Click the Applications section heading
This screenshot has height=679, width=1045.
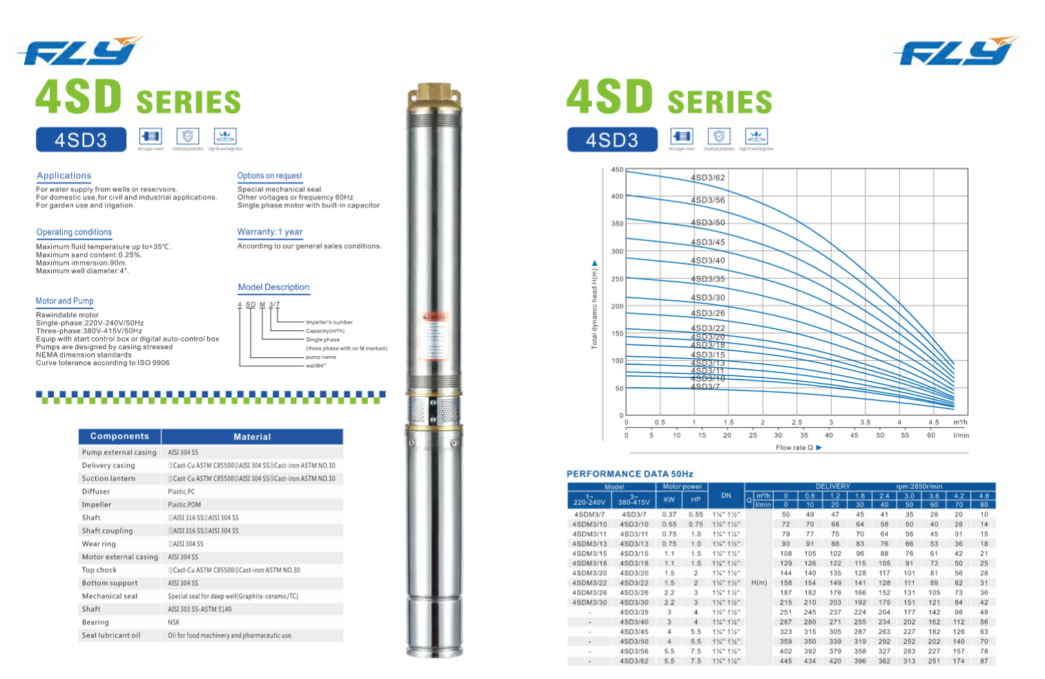coord(64,176)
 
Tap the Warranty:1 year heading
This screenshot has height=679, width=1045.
coord(270,232)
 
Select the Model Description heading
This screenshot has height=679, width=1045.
coord(273,287)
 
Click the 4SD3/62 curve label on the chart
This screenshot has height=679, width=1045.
coord(707,177)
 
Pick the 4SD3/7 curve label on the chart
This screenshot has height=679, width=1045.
coord(705,386)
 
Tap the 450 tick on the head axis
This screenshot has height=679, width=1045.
coord(616,170)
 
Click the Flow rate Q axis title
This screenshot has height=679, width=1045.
coord(794,448)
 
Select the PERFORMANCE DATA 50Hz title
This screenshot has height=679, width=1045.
coord(629,474)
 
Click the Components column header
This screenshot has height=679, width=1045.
coord(119,436)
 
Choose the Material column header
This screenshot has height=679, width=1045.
coord(252,437)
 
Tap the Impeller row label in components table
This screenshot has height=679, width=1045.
coord(97,504)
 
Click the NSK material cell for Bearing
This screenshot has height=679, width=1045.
coord(174,622)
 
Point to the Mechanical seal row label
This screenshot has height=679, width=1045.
coord(110,596)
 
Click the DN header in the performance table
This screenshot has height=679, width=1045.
coord(726,495)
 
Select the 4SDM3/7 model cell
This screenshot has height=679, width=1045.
coord(589,514)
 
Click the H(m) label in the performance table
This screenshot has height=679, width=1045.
coord(759,583)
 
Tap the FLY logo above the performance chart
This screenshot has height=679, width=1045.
coord(955,52)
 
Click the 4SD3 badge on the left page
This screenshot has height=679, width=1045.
coord(81,140)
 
